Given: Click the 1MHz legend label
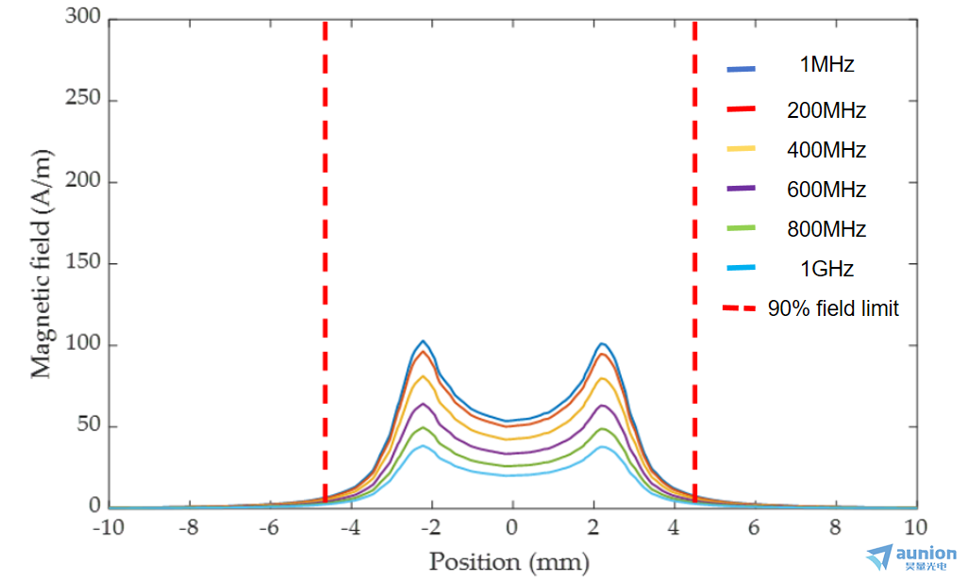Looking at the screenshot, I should (826, 66).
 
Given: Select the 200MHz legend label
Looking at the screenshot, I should (826, 110).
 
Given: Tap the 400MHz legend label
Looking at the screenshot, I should (826, 150).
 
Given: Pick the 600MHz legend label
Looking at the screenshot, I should (826, 190).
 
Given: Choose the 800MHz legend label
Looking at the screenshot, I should (826, 229).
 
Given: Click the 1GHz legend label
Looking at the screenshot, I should (826, 269).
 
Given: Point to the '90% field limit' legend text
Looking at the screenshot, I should (833, 308).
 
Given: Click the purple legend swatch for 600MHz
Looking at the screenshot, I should (741, 190).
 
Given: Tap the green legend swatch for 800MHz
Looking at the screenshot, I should (741, 229).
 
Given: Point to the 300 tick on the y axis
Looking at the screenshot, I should (83, 20).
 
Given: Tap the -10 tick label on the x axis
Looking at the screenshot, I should (108, 527).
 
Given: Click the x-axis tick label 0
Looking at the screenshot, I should (511, 527).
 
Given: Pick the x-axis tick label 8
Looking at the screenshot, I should (835, 527).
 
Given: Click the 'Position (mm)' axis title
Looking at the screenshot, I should (509, 562).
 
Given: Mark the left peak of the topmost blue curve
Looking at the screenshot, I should (424, 340).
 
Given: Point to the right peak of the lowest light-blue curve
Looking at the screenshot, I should (601, 447).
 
